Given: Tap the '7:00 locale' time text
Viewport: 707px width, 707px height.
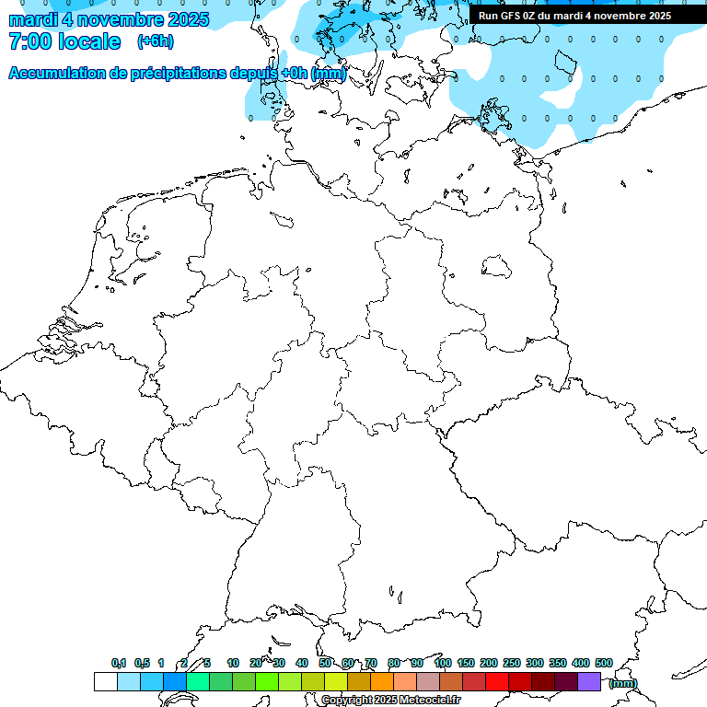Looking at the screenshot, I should coord(64,41).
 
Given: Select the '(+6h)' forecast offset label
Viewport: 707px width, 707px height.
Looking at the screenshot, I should coord(155,41).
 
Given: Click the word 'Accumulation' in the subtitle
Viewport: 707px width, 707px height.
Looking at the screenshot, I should coord(57,74).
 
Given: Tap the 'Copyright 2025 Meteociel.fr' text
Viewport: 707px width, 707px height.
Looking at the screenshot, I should coord(390,701).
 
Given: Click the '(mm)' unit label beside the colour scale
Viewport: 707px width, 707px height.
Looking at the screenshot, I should coord(623,683).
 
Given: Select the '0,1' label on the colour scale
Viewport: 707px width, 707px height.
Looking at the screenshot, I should coord(119,663).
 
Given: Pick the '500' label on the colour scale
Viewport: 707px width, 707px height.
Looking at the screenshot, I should coord(604,663).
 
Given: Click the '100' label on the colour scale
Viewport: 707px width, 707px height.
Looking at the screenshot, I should coord(443,663).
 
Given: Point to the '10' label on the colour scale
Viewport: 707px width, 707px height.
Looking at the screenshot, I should coord(233,663).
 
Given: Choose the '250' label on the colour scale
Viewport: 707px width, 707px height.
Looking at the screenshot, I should coord(512,663).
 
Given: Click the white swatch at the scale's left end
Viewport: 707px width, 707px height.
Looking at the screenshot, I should coord(105,681).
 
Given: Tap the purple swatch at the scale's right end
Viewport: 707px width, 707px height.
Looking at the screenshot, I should coord(589,681).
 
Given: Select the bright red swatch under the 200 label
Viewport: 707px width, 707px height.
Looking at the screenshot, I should coord(497,681).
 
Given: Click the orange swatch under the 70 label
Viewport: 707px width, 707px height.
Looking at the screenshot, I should coord(382,681).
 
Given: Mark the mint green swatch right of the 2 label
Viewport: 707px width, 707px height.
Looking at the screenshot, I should coord(197,681).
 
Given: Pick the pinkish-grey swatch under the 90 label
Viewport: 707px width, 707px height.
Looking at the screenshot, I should coord(428,681).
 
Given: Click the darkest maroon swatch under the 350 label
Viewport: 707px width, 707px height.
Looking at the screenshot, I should coord(566,681).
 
